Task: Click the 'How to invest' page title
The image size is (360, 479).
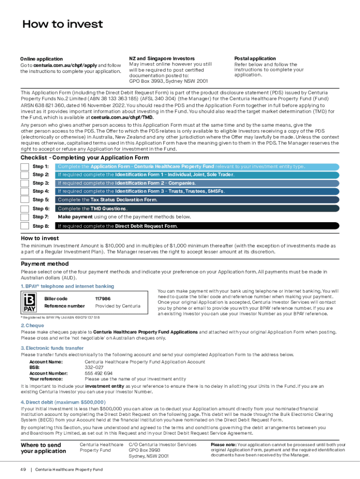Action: (63, 24)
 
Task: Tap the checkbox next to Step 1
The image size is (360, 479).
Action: (25, 167)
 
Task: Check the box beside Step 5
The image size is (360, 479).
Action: (25, 200)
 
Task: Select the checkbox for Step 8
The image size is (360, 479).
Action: (25, 226)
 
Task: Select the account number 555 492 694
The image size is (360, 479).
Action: (98, 373)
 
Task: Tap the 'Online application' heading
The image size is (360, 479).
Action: (41, 59)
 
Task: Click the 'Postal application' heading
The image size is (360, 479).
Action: (255, 58)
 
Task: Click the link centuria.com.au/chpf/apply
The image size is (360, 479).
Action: (65, 65)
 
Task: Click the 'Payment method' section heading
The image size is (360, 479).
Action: (45, 264)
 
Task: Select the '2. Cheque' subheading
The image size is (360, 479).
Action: (32, 326)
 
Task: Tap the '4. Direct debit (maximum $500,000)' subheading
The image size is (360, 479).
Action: (63, 402)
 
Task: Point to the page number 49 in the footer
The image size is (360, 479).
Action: (23, 469)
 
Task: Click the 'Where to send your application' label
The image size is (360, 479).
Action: (43, 448)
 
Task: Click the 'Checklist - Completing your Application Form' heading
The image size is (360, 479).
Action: (85, 158)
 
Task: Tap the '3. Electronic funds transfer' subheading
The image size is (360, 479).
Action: (52, 348)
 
